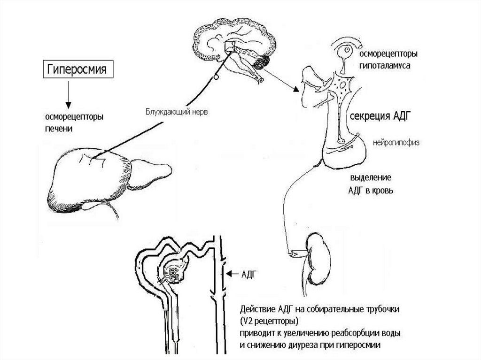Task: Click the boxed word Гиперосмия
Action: point(76,70)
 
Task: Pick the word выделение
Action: point(371,179)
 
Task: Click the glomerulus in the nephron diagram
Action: point(172,273)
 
